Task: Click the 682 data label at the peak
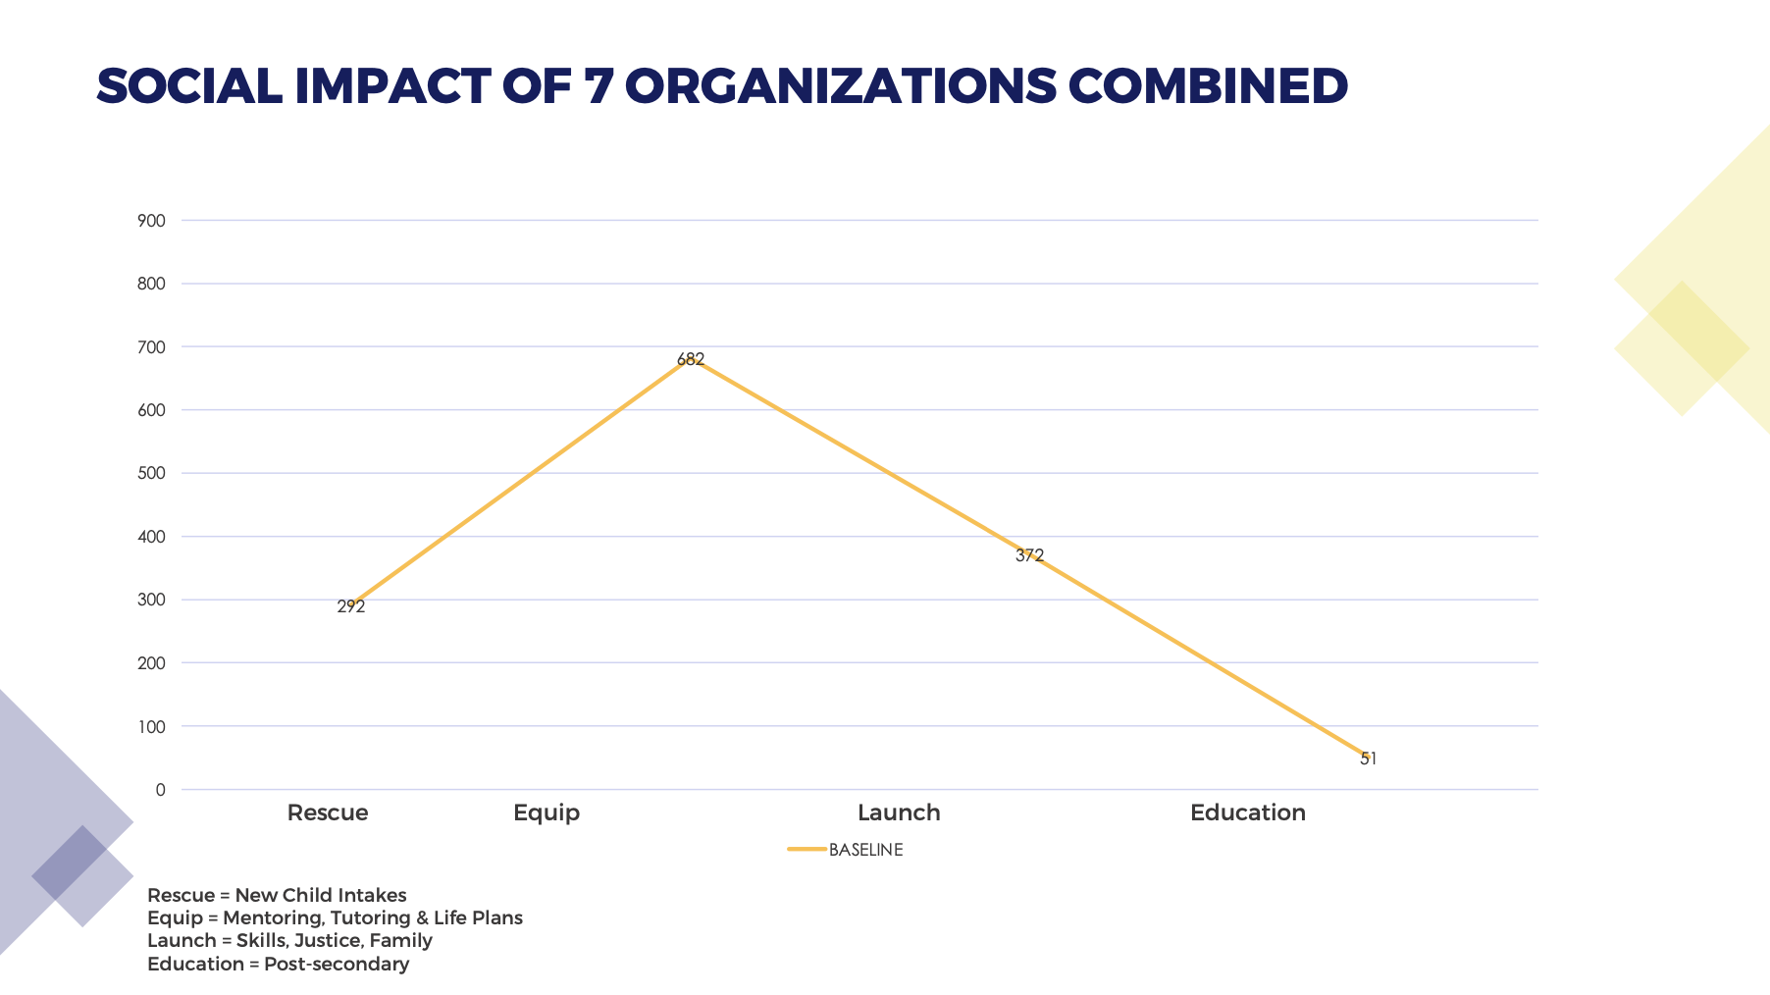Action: coord(691,360)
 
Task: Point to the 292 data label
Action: coord(351,607)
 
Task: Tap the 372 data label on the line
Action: coord(1029,555)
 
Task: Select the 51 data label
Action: coord(1369,759)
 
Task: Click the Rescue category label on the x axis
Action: coord(328,812)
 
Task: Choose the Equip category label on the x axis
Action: coord(547,812)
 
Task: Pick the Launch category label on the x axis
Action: coord(899,812)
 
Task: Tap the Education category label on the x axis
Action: coord(1247,812)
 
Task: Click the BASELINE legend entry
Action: coord(864,850)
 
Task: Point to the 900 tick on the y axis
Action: coord(152,221)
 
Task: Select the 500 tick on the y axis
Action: coord(152,473)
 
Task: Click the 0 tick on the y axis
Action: coord(160,790)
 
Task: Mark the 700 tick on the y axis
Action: coord(152,347)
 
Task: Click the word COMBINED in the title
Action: coord(1208,86)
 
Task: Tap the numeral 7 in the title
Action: coord(598,86)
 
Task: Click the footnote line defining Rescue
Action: coord(277,895)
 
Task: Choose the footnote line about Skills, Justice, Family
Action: coord(289,940)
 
